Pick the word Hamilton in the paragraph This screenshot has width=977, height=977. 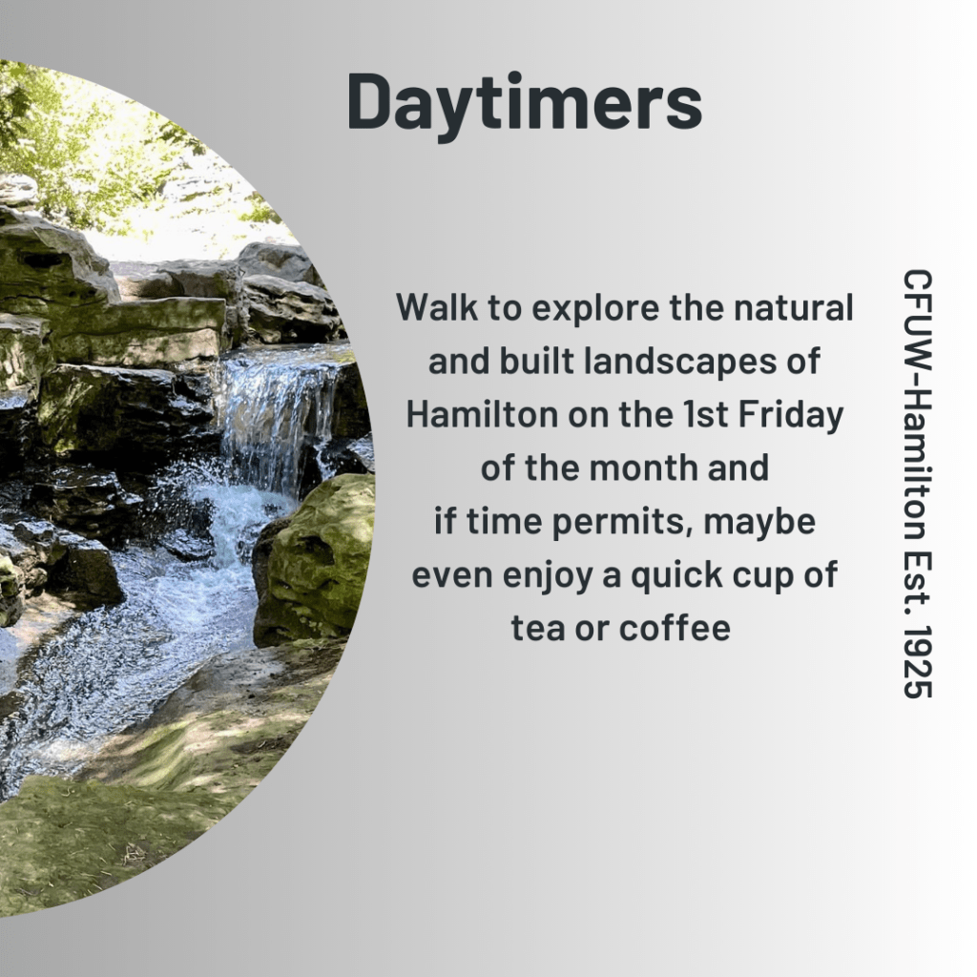482,414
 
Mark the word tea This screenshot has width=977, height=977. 537,628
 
